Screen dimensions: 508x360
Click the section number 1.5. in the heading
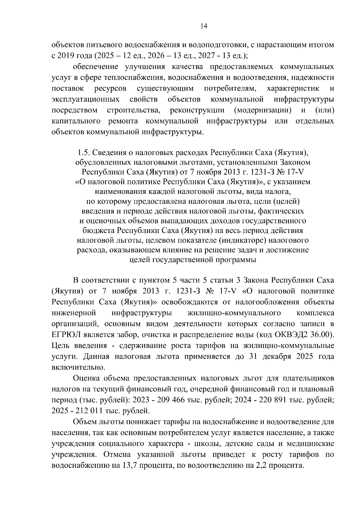pos(83,153)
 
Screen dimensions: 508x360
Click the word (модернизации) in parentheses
pos(263,110)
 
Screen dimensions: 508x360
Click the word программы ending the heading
pos(236,260)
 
